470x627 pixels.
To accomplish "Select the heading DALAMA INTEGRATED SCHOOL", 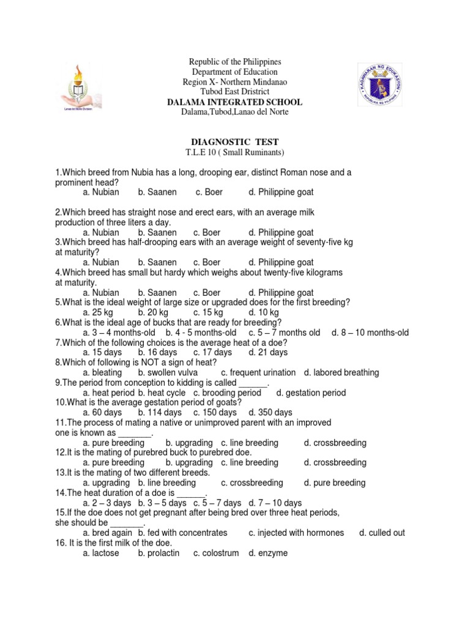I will tap(235, 102).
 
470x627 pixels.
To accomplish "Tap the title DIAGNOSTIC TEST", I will tap(235, 141).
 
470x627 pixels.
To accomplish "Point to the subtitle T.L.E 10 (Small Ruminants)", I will tap(235, 152).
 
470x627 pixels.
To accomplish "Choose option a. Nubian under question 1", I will tap(101, 192).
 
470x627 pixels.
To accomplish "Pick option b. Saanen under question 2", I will tap(157, 233).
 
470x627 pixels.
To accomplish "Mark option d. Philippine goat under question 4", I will tap(281, 293).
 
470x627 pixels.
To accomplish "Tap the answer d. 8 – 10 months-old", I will tap(370, 332).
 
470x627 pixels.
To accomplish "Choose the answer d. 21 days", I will tap(268, 353).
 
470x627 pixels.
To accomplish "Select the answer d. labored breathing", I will tap(341, 372).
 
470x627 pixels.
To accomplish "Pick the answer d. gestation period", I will tap(311, 392).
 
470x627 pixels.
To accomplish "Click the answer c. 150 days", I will tap(215, 413).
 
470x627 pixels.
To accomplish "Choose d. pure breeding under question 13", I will tap(335, 482).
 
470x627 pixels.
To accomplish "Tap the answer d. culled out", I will tap(382, 533).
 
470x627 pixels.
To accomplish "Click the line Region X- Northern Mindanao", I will tap(235, 82).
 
